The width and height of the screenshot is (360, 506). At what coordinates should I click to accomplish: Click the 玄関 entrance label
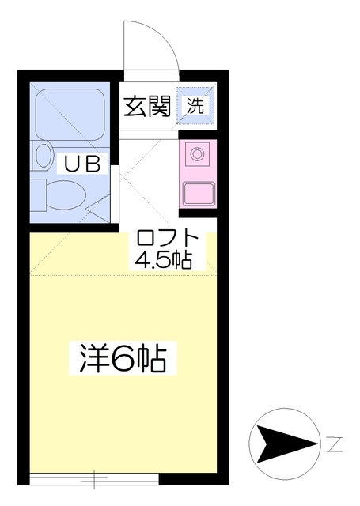[x=147, y=106]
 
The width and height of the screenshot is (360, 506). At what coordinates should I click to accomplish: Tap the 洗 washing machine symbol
[x=196, y=105]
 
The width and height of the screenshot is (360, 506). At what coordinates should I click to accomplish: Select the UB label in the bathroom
[x=82, y=164]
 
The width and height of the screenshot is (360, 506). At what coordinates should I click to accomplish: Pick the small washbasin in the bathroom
[x=44, y=157]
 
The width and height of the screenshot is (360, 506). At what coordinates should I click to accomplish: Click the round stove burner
[x=196, y=153]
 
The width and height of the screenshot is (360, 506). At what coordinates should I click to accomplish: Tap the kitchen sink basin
[x=199, y=194]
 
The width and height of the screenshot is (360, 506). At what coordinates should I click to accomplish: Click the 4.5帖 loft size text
[x=163, y=259]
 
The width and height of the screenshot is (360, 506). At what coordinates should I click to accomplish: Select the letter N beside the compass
[x=334, y=444]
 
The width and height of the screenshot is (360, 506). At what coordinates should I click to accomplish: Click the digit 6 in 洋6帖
[x=123, y=358]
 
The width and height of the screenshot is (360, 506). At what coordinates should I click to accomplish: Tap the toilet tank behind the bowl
[x=38, y=195]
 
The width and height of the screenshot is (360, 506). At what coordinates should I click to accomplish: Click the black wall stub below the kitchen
[x=198, y=213]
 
